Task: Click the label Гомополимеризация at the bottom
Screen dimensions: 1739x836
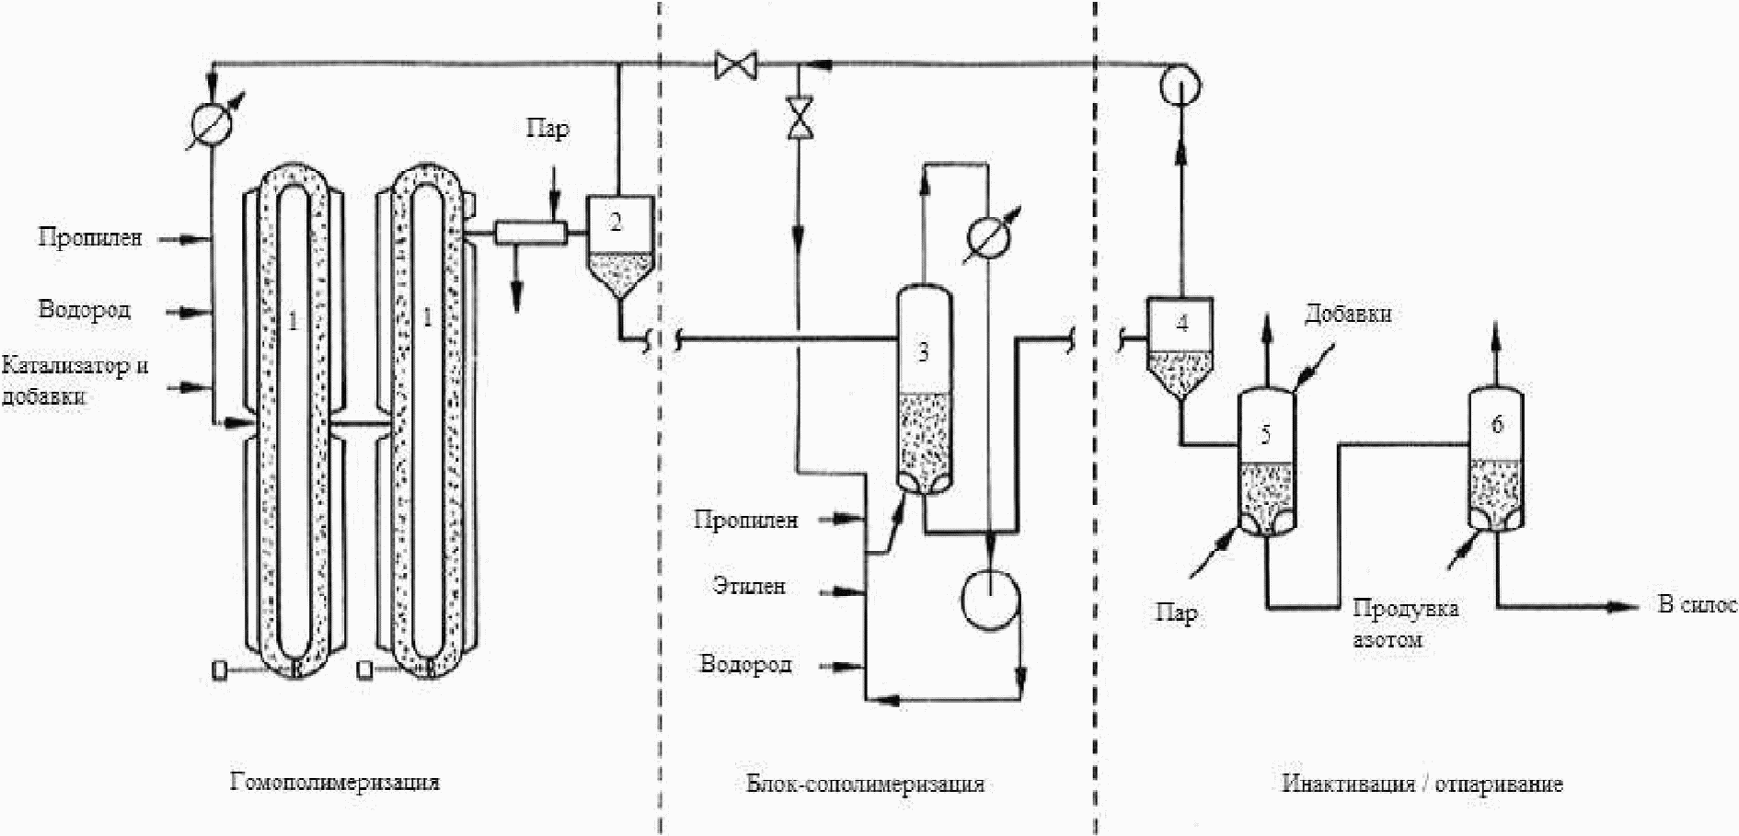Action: pos(335,783)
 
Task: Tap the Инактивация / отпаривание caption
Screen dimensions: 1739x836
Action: pos(1422,784)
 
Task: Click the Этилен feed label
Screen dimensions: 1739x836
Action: pos(750,586)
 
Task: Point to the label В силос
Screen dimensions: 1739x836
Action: pos(1697,604)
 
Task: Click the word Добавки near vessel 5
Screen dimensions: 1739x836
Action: pos(1348,314)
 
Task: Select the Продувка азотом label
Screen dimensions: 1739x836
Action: pos(1405,623)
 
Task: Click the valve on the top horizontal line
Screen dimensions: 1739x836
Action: pos(736,64)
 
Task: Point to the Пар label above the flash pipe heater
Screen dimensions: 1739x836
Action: pos(547,128)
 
